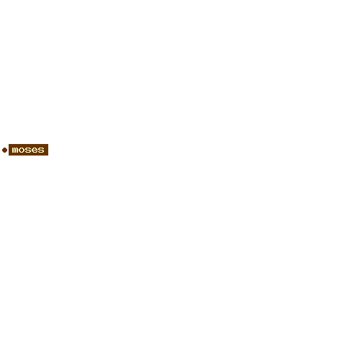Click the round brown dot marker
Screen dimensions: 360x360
click(4, 150)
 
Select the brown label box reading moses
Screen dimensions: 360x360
click(28, 150)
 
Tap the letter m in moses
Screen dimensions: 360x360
click(15, 150)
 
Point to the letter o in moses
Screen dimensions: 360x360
click(22, 150)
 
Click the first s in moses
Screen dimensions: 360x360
click(28, 150)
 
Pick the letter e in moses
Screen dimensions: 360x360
click(35, 150)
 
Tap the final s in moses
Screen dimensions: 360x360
click(41, 150)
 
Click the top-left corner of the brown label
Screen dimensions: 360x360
click(9, 144)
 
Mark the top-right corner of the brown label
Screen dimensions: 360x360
click(48, 144)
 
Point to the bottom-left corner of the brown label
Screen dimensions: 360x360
click(9, 156)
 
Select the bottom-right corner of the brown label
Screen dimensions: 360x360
click(48, 156)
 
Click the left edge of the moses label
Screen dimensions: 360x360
click(9, 150)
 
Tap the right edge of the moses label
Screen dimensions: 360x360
click(48, 150)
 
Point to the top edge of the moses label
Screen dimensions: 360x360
click(28, 144)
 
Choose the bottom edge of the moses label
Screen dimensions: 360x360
click(28, 156)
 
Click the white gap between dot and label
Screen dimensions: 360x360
click(8, 150)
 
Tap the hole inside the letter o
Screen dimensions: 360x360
click(22, 150)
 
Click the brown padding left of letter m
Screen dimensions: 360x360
click(10, 150)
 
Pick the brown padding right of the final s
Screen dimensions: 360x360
click(46, 150)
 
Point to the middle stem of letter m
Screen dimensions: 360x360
click(15, 150)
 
